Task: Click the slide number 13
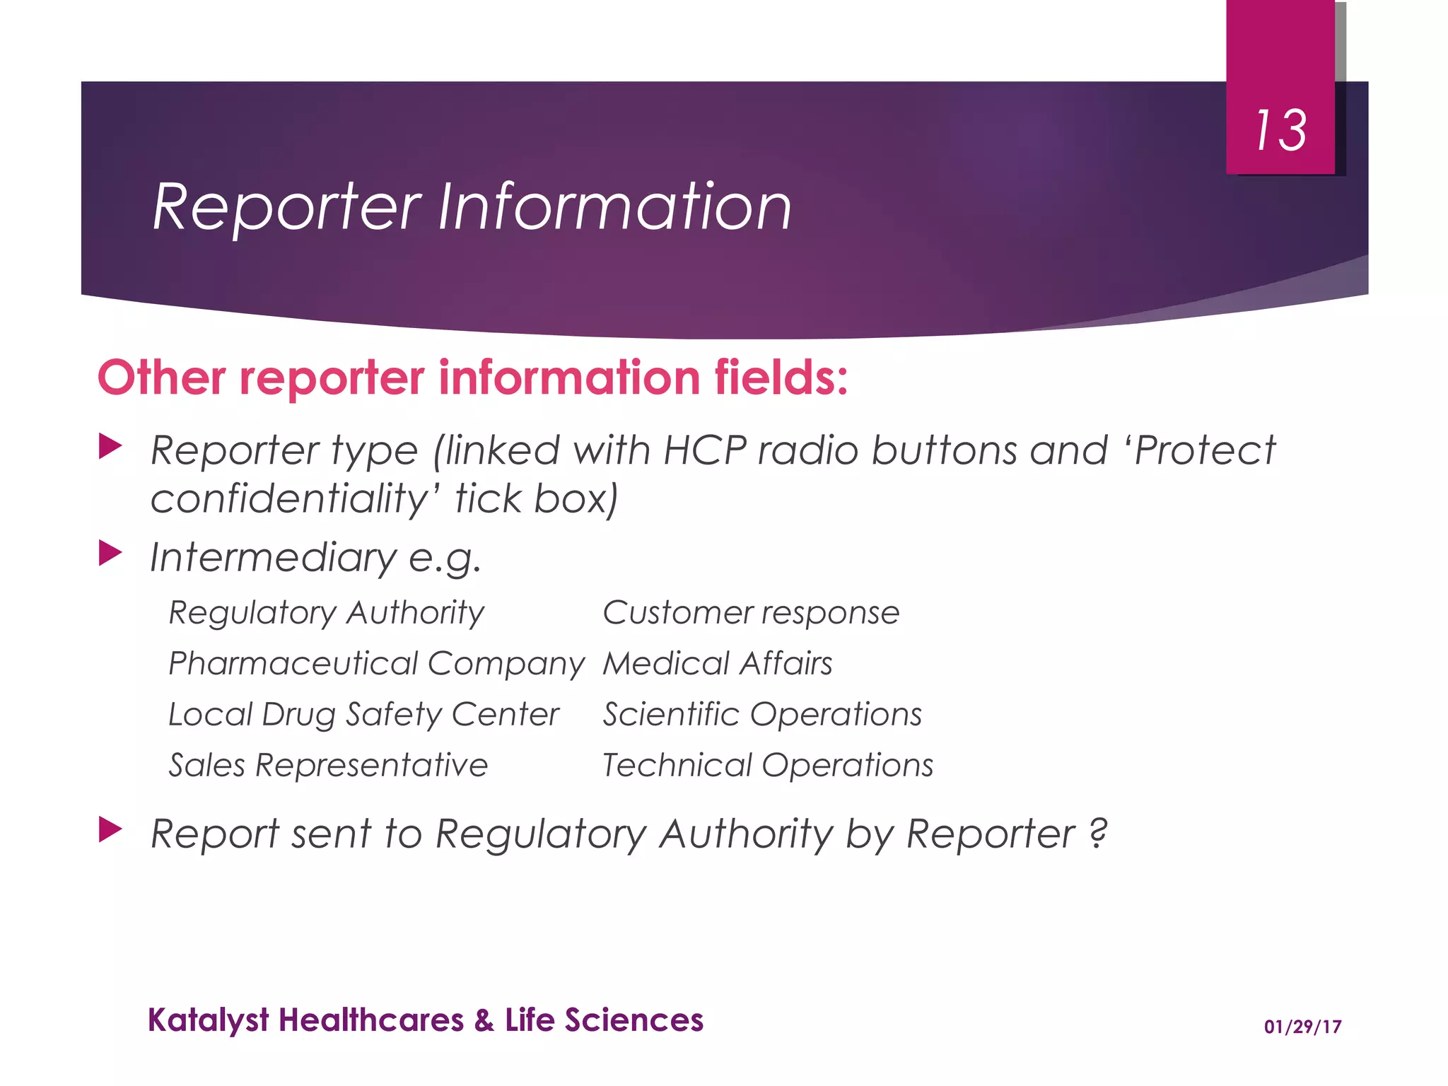pos(1280,131)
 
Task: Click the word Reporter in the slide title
pos(287,208)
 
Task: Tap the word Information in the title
pos(614,206)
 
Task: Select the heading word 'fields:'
pos(781,378)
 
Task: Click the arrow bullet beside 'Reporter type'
pos(110,447)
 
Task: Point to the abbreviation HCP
pos(704,450)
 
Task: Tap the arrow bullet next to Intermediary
pos(110,553)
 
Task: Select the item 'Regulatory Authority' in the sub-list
pos(326,613)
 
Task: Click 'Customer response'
pos(751,613)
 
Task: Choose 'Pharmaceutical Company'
pos(376,664)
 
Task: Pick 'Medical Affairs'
pos(717,664)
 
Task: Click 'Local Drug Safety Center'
pos(363,715)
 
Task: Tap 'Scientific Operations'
pos(762,715)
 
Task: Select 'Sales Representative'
pos(328,766)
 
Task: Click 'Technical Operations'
pos(768,766)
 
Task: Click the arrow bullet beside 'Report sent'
pos(110,829)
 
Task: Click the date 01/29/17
pos(1302,1027)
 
